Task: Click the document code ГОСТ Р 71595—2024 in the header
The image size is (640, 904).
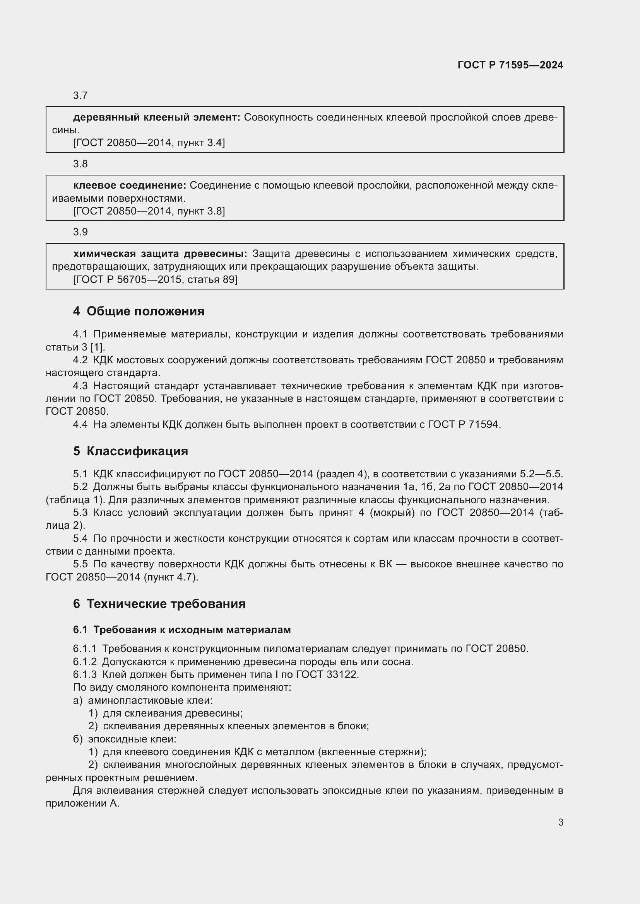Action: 510,65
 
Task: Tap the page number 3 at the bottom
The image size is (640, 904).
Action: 560,822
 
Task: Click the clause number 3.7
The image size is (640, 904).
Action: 80,96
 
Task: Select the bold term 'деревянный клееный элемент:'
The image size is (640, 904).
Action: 156,117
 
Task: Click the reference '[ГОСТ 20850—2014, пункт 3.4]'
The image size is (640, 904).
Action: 149,143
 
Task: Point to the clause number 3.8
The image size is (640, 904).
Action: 80,164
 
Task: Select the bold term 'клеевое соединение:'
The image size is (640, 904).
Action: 129,186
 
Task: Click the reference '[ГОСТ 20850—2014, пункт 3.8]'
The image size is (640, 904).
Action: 149,211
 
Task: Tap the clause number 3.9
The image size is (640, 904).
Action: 80,232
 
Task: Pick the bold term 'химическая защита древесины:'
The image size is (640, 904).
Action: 160,254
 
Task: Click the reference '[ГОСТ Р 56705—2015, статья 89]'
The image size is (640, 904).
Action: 155,279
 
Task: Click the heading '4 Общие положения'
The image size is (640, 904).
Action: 139,312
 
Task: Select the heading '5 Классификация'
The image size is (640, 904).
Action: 130,451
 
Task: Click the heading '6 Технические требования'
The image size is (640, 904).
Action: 159,604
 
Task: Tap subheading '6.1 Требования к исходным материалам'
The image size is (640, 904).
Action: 182,630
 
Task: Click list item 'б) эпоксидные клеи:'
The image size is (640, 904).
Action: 125,739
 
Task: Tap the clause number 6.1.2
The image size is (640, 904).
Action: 84,662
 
